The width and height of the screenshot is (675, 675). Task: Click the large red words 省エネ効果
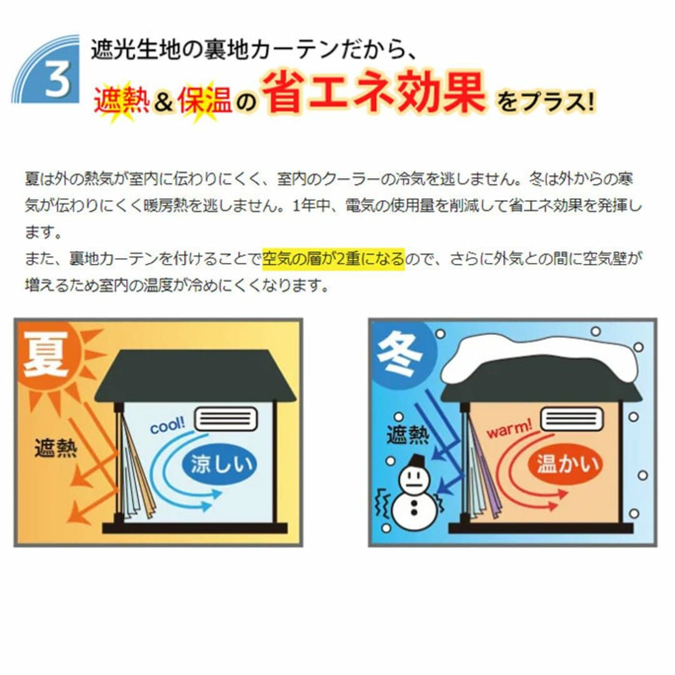374,93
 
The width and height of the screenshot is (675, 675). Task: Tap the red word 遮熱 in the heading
122,101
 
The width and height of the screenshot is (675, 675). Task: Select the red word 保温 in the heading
205,101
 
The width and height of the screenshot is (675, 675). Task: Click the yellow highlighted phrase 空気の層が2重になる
334,259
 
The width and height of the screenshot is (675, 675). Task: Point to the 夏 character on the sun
46,355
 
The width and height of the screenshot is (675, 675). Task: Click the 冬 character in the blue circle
399,356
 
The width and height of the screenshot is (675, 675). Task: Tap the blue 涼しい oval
219,464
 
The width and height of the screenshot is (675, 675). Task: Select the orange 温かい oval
567,464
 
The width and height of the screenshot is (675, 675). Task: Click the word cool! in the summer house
167,425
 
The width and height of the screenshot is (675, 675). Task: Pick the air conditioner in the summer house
226,418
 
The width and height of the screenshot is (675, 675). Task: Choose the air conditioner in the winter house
572,418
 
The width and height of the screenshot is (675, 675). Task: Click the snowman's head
414,478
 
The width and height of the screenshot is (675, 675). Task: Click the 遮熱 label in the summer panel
56,448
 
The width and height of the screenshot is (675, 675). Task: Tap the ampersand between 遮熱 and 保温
164,102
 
